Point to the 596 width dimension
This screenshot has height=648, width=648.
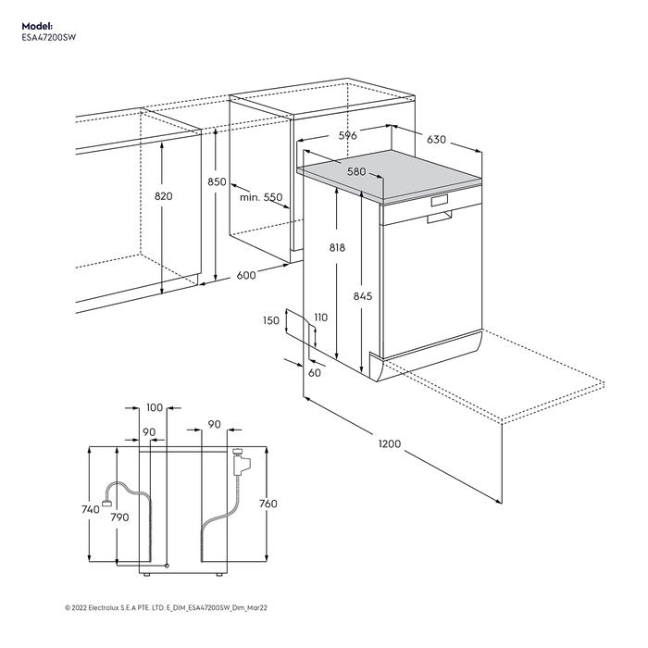[347, 135]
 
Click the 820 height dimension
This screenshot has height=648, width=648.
[164, 196]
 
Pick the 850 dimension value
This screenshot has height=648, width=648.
[217, 182]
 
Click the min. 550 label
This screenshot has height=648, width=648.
[261, 197]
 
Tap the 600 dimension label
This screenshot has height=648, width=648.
[246, 275]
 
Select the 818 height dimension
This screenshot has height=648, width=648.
[337, 247]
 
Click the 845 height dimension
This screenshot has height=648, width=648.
[362, 296]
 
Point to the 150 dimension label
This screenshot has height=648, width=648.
[270, 320]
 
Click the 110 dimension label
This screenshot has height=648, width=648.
[320, 318]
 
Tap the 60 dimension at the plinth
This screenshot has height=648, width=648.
[314, 372]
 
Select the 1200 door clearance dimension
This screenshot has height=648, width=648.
[389, 444]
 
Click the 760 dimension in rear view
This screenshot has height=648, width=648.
[268, 504]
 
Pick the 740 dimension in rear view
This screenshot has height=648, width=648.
[90, 510]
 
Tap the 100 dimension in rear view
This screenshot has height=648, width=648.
[154, 407]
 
